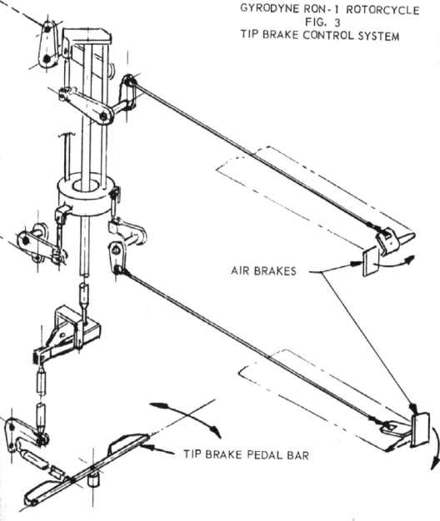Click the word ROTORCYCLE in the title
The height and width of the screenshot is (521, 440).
[x=382, y=10]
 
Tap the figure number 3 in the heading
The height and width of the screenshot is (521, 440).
[x=337, y=23]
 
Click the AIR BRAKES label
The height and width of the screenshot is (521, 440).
[x=263, y=270]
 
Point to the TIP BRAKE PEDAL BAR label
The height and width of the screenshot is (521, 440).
[x=247, y=454]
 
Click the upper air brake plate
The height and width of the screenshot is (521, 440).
[x=369, y=262]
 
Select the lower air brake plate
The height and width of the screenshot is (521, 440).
[x=421, y=429]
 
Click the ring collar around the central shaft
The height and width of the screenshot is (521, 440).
[x=87, y=194]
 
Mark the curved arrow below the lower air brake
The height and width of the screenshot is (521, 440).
[x=435, y=449]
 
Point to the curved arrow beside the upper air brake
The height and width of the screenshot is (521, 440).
[x=395, y=261]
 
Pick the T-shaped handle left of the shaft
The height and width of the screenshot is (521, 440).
[x=67, y=153]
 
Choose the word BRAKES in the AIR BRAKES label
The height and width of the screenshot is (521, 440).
[x=274, y=271]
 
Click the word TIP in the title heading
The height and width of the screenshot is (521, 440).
[x=250, y=35]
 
